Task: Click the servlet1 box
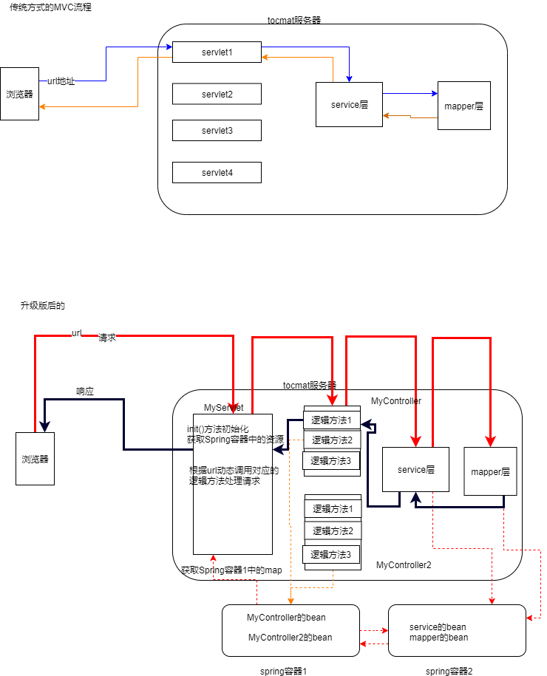pos(217,52)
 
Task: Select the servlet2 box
pos(217,94)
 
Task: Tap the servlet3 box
pos(217,130)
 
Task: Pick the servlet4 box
pos(217,173)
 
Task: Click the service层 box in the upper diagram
pos(349,104)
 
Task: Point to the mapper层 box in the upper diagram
pos(463,106)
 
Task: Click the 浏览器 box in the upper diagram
pos(19,94)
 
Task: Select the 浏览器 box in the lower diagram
pos(35,459)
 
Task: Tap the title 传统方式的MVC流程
pos(51,7)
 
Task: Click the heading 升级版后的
pos(43,305)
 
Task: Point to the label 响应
pos(85,391)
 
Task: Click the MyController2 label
pos(404,565)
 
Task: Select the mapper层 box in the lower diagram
pos(486,471)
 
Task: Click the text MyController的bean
pos(286,617)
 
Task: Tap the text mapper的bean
pos(438,638)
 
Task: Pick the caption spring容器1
pos(283,671)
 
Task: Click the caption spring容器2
pos(449,671)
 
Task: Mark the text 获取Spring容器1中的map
pos(231,570)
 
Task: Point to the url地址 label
pos(61,81)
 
